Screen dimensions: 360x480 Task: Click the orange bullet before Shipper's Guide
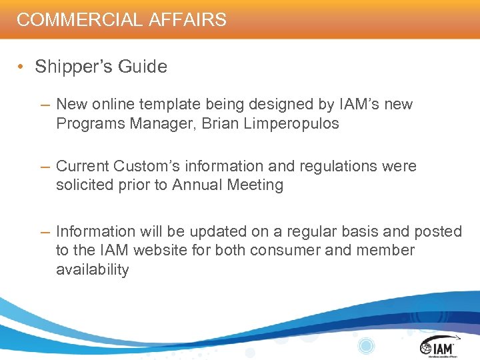pyautogui.click(x=23, y=67)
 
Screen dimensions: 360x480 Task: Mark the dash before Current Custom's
pyautogui.click(x=45, y=166)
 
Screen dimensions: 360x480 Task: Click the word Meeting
pyautogui.click(x=256, y=185)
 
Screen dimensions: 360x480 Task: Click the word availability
pyautogui.click(x=93, y=269)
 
